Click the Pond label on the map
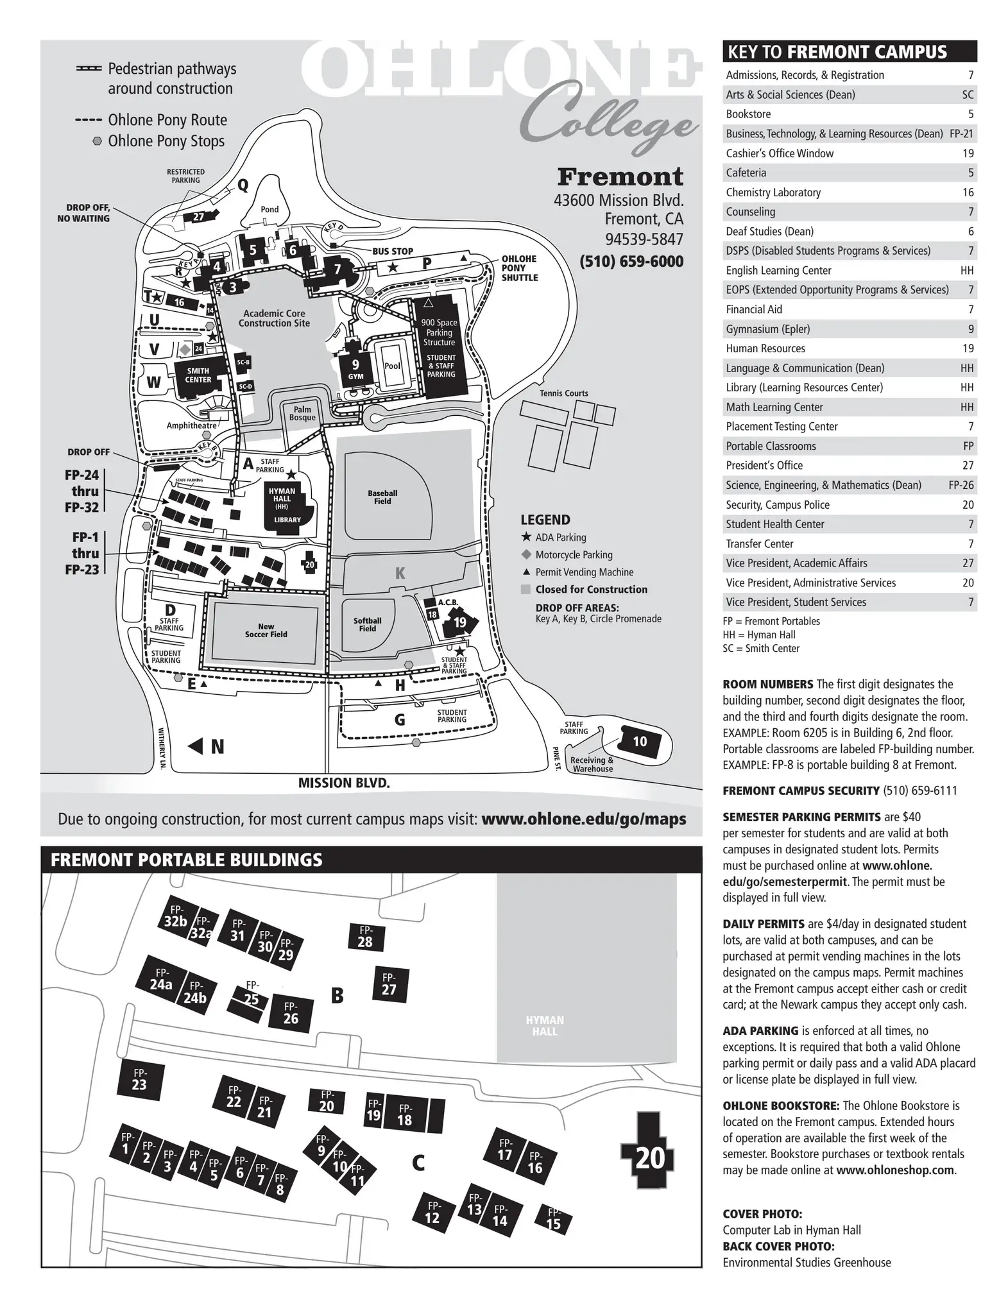pyautogui.click(x=269, y=209)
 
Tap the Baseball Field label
pyautogui.click(x=382, y=497)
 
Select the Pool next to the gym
pyautogui.click(x=392, y=366)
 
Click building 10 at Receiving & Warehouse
pyautogui.click(x=640, y=742)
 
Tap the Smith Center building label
pyautogui.click(x=198, y=375)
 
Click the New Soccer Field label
pyautogui.click(x=266, y=630)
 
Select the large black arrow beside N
pyautogui.click(x=195, y=747)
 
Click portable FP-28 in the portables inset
pyautogui.click(x=365, y=937)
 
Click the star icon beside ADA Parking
pyautogui.click(x=526, y=537)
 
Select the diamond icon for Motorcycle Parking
pyautogui.click(x=526, y=554)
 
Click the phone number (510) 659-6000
pyautogui.click(x=631, y=262)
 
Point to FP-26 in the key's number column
pyautogui.click(x=961, y=485)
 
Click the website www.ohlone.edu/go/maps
pyautogui.click(x=583, y=819)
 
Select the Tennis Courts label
pyautogui.click(x=563, y=393)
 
